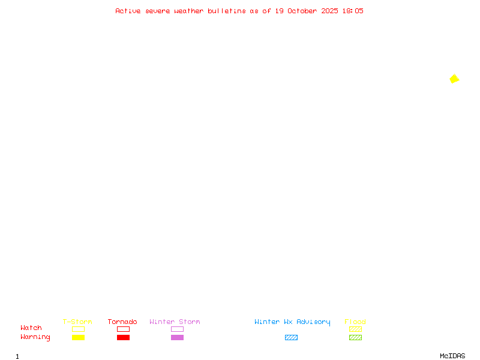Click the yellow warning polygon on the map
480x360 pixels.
pyautogui.click(x=454, y=79)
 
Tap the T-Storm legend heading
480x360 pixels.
pyautogui.click(x=77, y=322)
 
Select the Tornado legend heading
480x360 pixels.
pyautogui.click(x=122, y=322)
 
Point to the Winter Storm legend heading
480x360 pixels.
pyautogui.click(x=175, y=322)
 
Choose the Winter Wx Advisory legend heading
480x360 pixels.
pyautogui.click(x=292, y=322)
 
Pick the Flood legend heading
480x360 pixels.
pyautogui.click(x=355, y=322)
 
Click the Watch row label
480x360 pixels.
pyautogui.click(x=31, y=328)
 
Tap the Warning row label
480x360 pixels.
pyautogui.click(x=35, y=337)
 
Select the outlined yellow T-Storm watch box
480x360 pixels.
pyautogui.click(x=78, y=329)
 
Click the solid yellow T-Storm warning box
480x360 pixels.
pyautogui.click(x=78, y=337)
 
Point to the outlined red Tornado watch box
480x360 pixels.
pyautogui.click(x=123, y=329)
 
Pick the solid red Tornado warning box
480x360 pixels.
pyautogui.click(x=123, y=337)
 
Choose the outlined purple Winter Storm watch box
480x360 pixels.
pyautogui.click(x=177, y=329)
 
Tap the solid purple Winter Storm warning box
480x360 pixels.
pyautogui.click(x=177, y=337)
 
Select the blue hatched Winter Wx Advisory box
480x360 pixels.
pyautogui.click(x=291, y=337)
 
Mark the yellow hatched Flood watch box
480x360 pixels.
pyautogui.click(x=355, y=329)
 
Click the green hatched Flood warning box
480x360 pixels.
pyautogui.click(x=355, y=337)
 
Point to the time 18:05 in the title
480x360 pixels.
pyautogui.click(x=353, y=11)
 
